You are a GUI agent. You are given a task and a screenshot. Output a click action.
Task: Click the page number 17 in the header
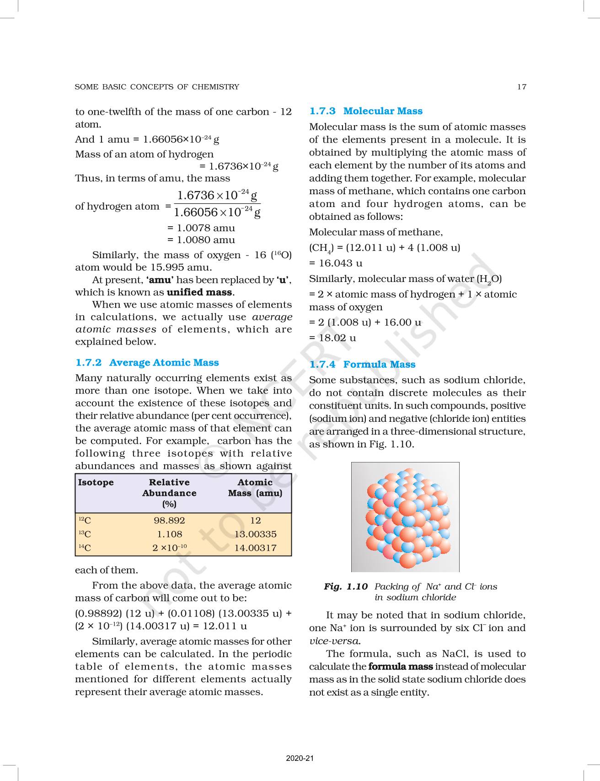pyautogui.click(x=521, y=87)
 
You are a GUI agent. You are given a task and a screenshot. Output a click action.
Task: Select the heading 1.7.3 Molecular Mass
pyautogui.click(x=365, y=111)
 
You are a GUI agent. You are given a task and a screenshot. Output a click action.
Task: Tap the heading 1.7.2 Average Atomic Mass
pyautogui.click(x=147, y=362)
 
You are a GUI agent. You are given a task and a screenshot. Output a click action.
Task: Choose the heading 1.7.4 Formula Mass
pyautogui.click(x=362, y=364)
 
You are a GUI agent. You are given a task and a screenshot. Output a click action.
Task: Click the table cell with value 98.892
pyautogui.click(x=169, y=520)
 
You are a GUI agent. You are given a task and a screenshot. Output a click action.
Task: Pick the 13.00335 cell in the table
pyautogui.click(x=255, y=534)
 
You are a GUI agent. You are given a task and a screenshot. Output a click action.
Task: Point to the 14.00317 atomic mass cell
pyautogui.click(x=255, y=547)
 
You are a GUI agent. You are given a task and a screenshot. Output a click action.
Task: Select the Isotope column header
pyautogui.click(x=96, y=482)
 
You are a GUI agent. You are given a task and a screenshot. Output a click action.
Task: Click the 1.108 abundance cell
pyautogui.click(x=169, y=534)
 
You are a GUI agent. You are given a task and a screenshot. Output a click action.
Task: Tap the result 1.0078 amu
pyautogui.click(x=201, y=228)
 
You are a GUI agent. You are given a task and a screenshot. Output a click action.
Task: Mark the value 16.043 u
pyautogui.click(x=336, y=263)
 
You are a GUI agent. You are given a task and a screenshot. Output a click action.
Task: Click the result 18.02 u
pyautogui.click(x=333, y=338)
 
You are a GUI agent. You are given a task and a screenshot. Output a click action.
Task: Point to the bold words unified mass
pyautogui.click(x=199, y=292)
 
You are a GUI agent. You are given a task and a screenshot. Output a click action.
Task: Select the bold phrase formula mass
pyautogui.click(x=400, y=666)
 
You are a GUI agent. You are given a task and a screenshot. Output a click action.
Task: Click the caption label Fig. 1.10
pyautogui.click(x=346, y=586)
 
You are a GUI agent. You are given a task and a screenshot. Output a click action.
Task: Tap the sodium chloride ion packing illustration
pyautogui.click(x=405, y=517)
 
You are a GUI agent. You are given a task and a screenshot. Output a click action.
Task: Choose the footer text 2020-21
pyautogui.click(x=300, y=758)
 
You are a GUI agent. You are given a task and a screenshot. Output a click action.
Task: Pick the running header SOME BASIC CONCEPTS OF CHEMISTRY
pyautogui.click(x=157, y=87)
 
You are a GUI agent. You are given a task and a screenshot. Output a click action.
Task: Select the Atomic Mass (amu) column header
pyautogui.click(x=255, y=488)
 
